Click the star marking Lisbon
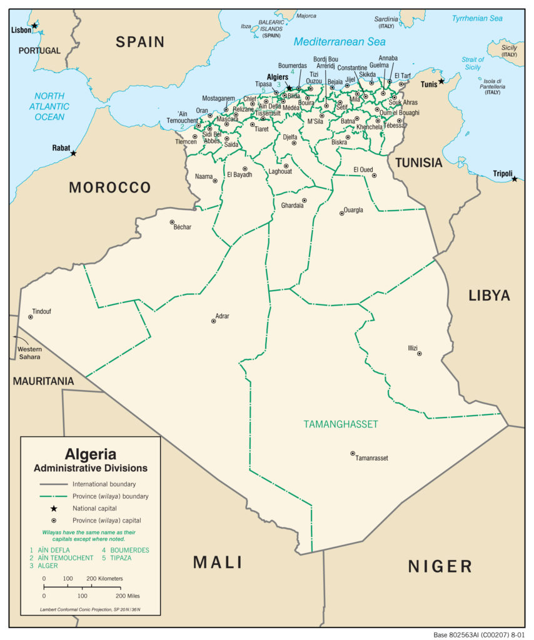coord(34,26)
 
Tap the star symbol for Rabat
coord(73,153)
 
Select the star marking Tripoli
coord(515,179)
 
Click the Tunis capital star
coord(441,81)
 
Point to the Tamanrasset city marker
coord(353,453)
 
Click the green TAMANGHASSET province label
coord(341,424)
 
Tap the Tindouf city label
coord(42,310)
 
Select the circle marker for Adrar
coord(214,321)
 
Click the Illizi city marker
coord(420,354)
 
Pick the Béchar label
coord(182,227)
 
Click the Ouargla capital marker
coord(341,213)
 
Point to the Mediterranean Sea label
coord(340,42)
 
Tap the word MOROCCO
coord(110,187)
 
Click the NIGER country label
coord(440,566)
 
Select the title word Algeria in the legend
coord(91,454)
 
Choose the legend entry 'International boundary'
coord(104,484)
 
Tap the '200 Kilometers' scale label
coord(104,578)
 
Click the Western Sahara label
coord(29,352)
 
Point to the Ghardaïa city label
coord(292,205)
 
